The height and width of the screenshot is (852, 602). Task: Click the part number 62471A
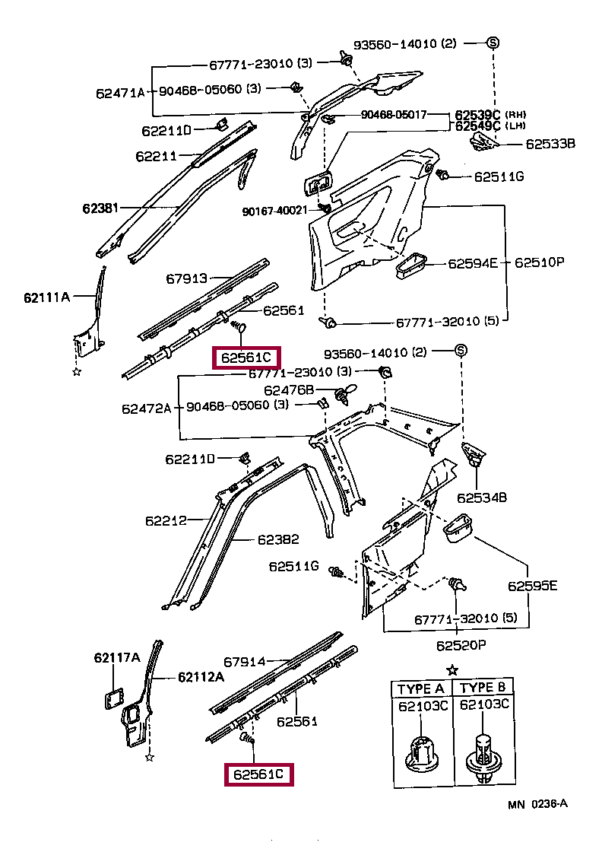pos(119,94)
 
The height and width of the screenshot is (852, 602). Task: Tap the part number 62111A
pos(46,297)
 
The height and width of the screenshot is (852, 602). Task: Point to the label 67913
pos(187,279)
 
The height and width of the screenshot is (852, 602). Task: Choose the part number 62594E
pos(471,263)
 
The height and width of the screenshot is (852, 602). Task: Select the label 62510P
pos(539,263)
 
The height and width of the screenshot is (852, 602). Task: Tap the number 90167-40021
pos(275,211)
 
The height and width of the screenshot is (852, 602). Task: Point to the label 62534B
pos(482,498)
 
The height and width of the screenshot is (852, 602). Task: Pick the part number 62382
pos(278,539)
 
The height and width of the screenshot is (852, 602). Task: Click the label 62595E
pos(533,586)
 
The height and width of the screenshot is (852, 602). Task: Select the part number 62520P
pos(461,645)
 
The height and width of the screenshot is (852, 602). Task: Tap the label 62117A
pos(117,657)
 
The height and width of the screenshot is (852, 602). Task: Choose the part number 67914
pos(245,662)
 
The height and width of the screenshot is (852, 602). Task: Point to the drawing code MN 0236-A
pos(538,804)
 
